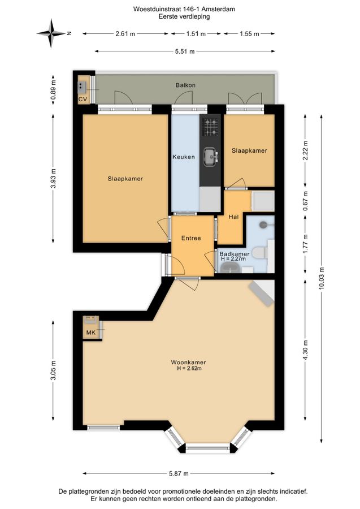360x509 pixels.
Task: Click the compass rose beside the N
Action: click(51, 33)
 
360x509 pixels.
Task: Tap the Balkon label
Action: click(185, 85)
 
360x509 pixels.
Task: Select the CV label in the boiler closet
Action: click(83, 99)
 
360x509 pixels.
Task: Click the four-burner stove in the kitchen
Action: click(210, 127)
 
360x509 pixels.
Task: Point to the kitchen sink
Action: click(211, 157)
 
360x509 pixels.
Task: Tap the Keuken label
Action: click(184, 157)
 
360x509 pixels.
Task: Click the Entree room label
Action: click(191, 238)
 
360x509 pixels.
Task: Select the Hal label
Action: click(233, 217)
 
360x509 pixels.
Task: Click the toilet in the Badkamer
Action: click(260, 253)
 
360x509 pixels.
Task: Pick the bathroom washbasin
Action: click(230, 268)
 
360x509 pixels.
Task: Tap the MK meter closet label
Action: click(91, 333)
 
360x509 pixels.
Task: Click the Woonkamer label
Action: click(188, 363)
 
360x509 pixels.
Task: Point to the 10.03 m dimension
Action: click(322, 278)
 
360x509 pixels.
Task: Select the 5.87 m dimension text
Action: click(179, 473)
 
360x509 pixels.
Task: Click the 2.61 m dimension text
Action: click(125, 34)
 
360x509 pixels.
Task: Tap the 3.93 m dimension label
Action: click(54, 178)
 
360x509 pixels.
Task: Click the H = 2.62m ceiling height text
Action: click(189, 368)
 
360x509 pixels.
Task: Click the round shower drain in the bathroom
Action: click(263, 224)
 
